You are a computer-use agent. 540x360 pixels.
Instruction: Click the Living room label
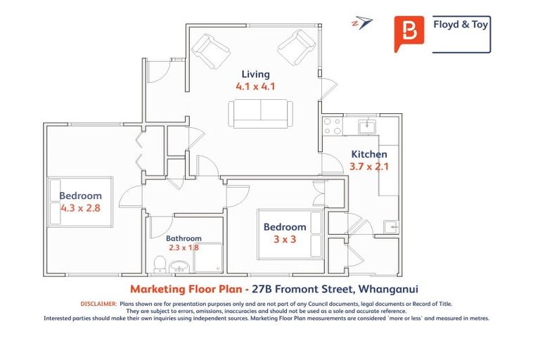tap(255, 74)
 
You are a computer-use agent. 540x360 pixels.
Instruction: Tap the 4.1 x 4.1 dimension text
tap(255, 87)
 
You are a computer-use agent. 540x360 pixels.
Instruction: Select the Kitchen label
tap(368, 154)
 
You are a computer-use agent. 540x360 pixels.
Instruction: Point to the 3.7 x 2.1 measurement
tap(368, 167)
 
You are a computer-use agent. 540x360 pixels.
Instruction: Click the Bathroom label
tap(184, 238)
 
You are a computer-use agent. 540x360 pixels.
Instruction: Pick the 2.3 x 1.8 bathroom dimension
tap(184, 247)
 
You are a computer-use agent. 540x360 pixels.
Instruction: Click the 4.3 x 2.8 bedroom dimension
tap(80, 208)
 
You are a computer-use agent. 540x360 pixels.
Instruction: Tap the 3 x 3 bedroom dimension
tap(285, 239)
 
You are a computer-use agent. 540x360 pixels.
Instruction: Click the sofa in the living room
tap(260, 113)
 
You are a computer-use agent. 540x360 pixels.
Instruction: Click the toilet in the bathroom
tap(160, 264)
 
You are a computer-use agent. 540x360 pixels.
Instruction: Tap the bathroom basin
tap(179, 266)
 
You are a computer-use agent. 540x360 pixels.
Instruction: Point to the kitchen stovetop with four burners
tap(332, 126)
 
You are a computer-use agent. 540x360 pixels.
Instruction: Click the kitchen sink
tap(367, 127)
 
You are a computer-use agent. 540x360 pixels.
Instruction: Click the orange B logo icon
tap(409, 33)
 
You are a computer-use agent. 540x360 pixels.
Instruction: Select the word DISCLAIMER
tap(98, 304)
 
